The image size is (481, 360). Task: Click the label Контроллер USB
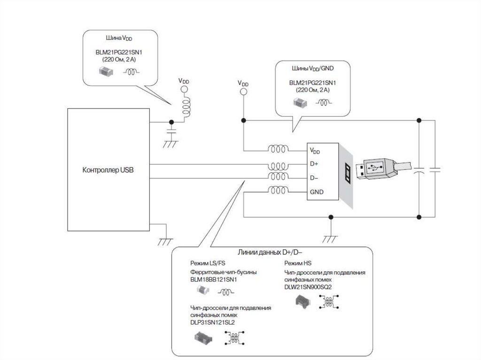point(108,170)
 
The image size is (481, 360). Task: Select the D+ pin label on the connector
point(314,164)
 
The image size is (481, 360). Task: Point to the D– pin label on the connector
point(314,178)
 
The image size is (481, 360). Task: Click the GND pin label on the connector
point(317,192)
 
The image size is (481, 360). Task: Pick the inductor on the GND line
point(278,191)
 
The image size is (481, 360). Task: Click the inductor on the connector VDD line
point(278,149)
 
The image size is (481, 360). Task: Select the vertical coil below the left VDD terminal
point(186,106)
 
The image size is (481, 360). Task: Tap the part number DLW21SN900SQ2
point(308,287)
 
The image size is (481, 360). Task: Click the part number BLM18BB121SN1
point(214,279)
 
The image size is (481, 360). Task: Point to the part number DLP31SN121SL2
point(212,322)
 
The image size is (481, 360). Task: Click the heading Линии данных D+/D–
point(270,253)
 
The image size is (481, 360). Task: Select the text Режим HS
point(297,263)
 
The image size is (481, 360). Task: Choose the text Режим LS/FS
point(208,263)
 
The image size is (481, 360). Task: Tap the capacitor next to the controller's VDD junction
point(171,131)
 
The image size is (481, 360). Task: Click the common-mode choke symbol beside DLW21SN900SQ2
point(329,302)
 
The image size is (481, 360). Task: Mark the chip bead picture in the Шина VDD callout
point(106,72)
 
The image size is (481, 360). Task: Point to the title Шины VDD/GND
point(312,69)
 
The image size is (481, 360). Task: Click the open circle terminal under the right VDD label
point(243,92)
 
